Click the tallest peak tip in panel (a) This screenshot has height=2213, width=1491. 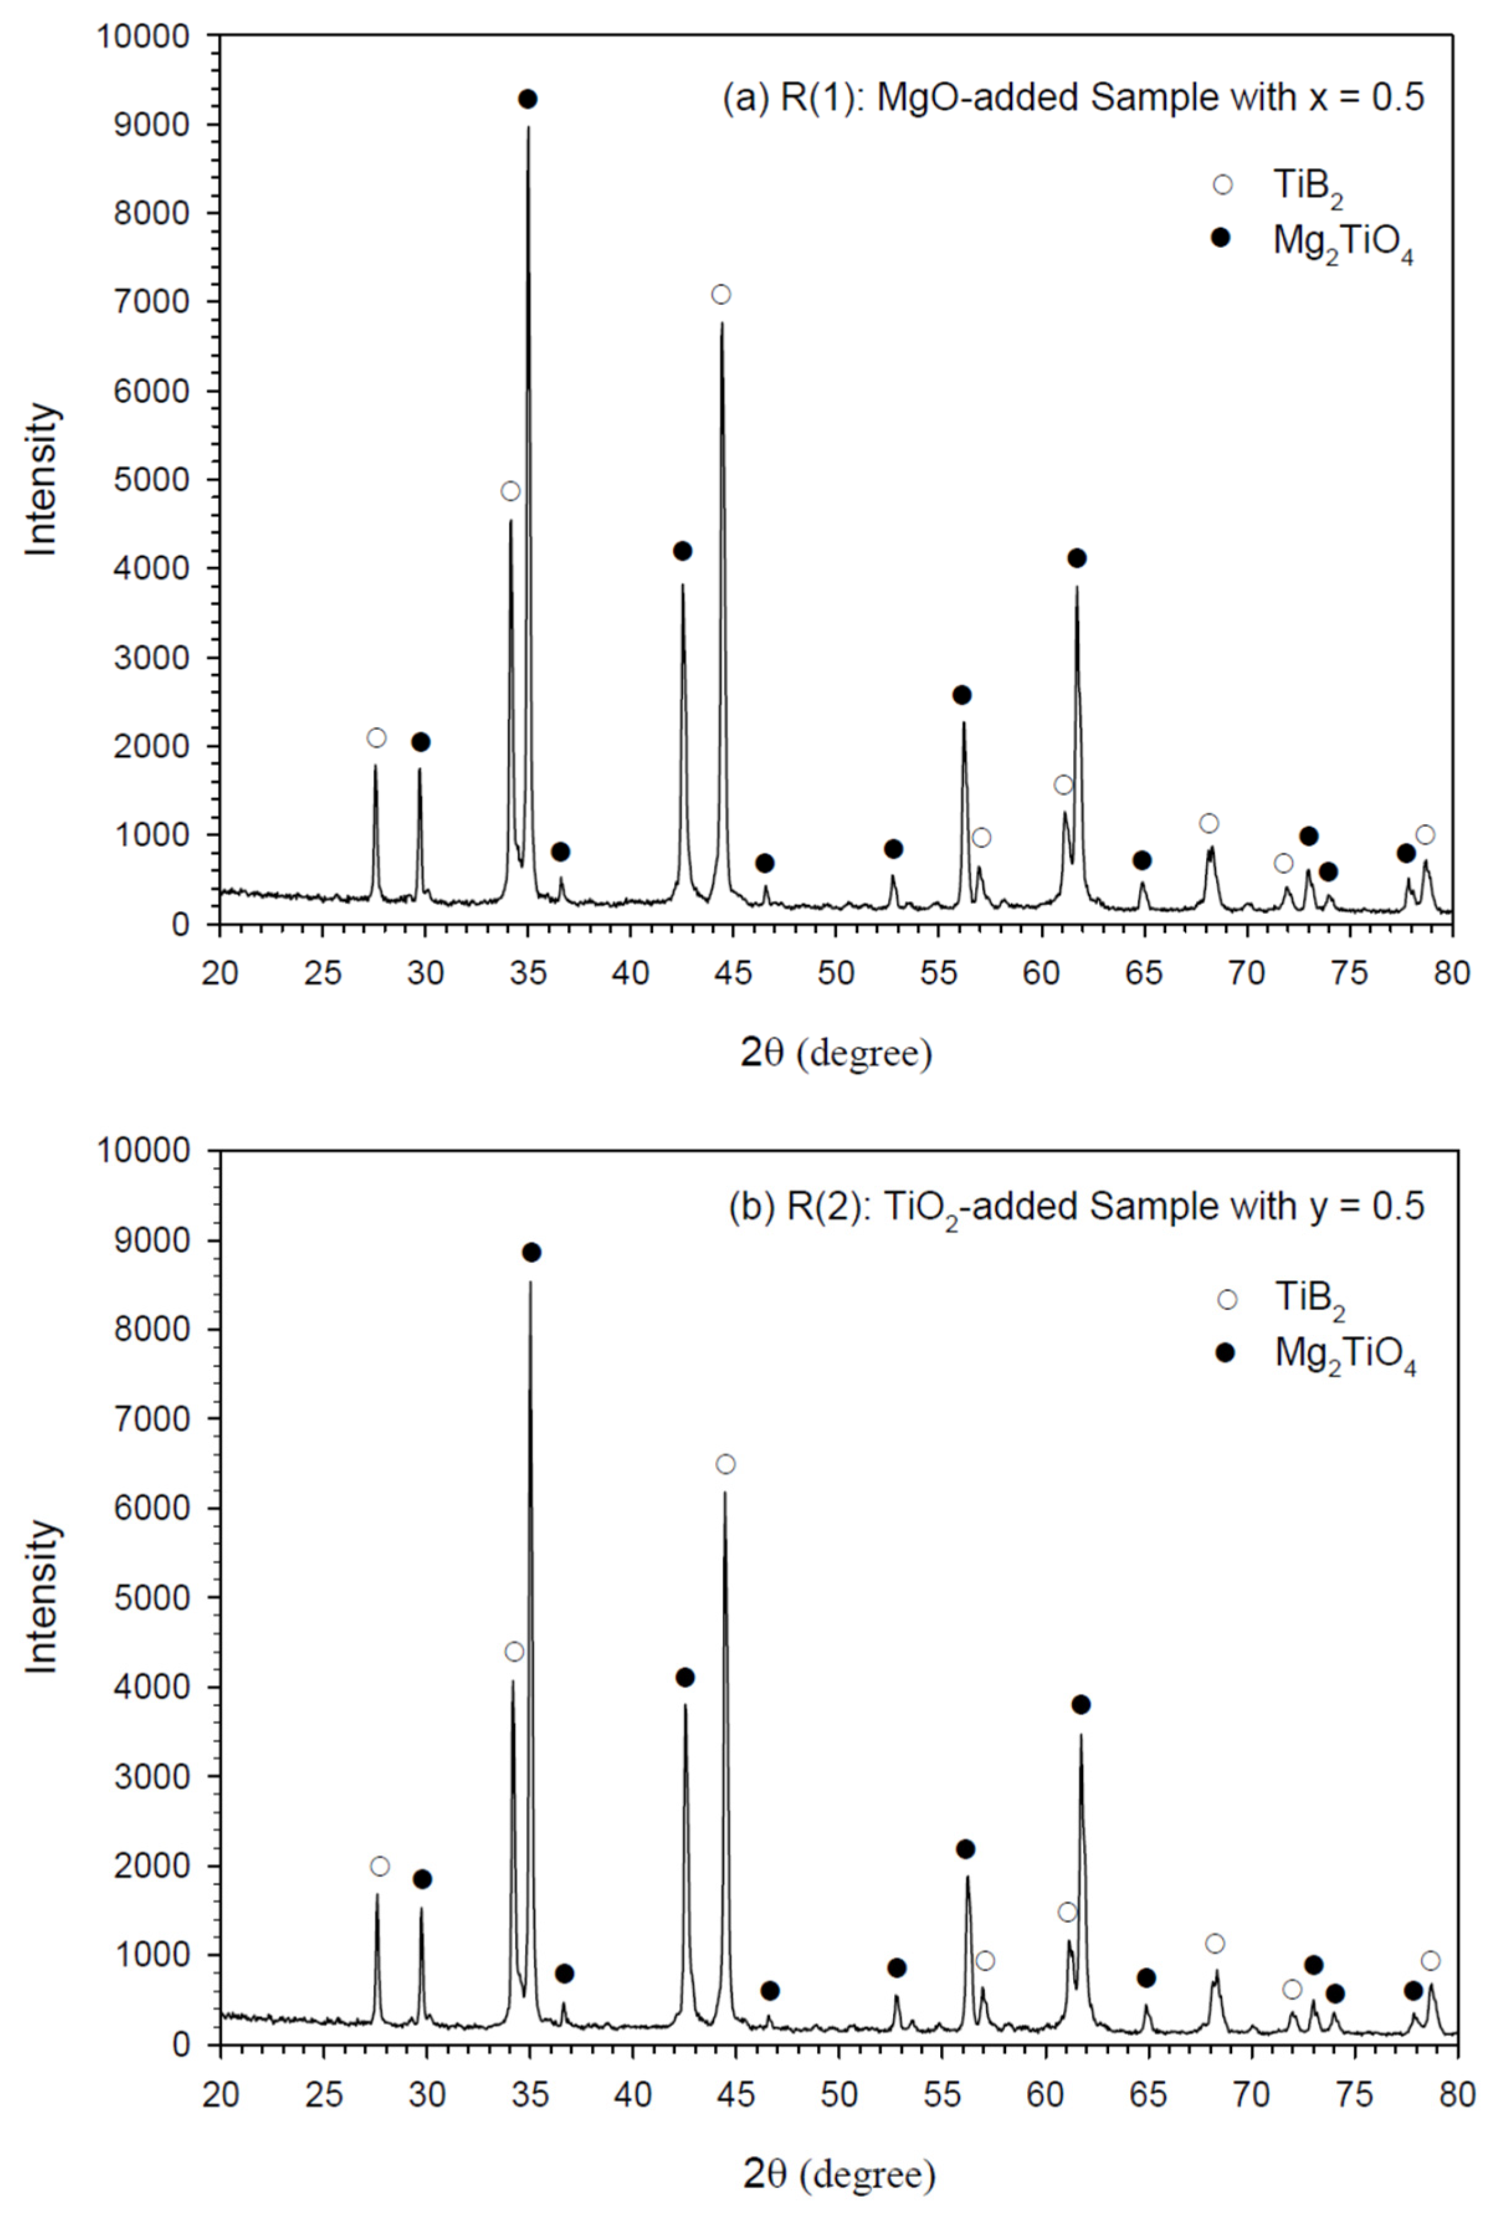click(528, 127)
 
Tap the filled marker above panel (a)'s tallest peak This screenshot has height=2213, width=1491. click(528, 99)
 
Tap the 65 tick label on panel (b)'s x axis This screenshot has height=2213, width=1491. click(1148, 2094)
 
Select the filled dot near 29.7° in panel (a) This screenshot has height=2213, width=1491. click(420, 742)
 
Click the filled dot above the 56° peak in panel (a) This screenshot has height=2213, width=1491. click(961, 695)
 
